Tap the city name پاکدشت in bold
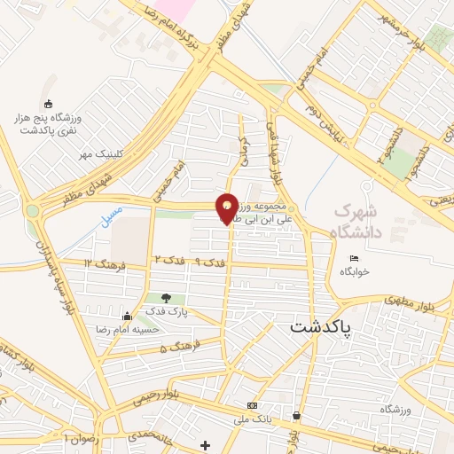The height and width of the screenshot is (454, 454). click(x=320, y=326)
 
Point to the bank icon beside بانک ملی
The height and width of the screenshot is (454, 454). click(x=251, y=405)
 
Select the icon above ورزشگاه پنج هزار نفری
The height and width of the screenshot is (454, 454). click(x=48, y=103)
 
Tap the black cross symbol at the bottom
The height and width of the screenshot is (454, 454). click(x=206, y=444)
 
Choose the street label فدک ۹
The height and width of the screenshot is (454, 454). click(x=213, y=260)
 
